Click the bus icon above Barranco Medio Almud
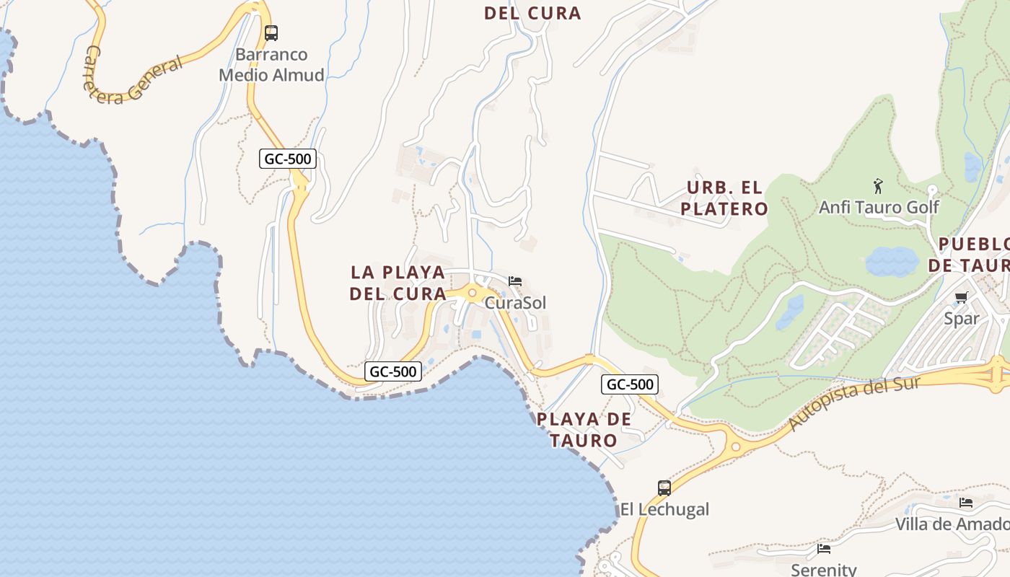[271, 32]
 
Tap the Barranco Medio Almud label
[271, 65]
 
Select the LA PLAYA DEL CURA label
[398, 283]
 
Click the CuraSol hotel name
[515, 303]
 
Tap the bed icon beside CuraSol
[515, 281]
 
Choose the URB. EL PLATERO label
[726, 198]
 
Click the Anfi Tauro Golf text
[879, 208]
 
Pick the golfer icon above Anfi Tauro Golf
[878, 186]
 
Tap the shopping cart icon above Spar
[961, 298]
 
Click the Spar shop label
[962, 319]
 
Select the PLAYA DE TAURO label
[584, 430]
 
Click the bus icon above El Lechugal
[664, 488]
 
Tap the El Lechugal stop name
[664, 510]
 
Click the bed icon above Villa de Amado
[966, 503]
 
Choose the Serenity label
[823, 570]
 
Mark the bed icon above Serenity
[824, 549]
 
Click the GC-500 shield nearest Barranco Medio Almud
[288, 159]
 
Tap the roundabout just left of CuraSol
[473, 293]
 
